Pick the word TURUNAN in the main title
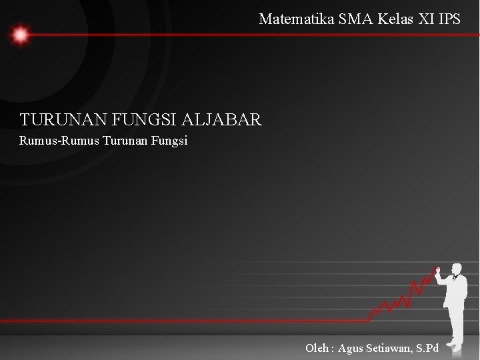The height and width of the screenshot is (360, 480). pyautogui.click(x=58, y=121)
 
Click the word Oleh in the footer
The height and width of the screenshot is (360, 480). pyautogui.click(x=317, y=348)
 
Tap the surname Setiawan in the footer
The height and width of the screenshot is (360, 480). pyautogui.click(x=392, y=348)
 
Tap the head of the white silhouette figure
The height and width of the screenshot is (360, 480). pyautogui.click(x=457, y=268)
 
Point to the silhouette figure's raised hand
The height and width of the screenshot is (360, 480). pyautogui.click(x=438, y=271)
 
